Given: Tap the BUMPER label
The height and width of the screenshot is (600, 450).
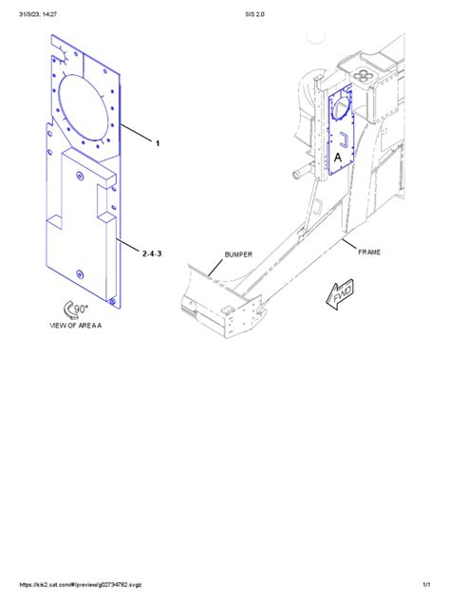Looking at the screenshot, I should [x=239, y=254].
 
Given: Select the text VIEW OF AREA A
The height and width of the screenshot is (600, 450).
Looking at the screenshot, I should [x=76, y=325].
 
